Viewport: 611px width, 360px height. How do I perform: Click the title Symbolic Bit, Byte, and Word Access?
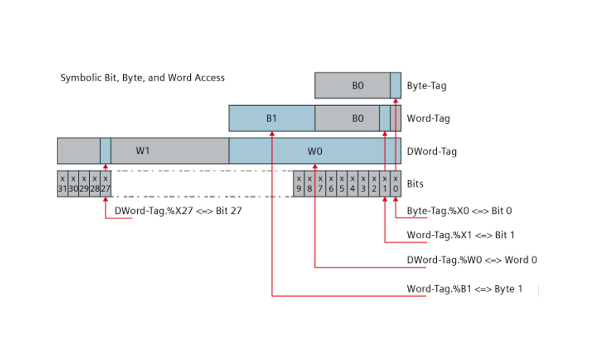tap(142, 78)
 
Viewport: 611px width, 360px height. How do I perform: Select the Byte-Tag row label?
tap(426, 86)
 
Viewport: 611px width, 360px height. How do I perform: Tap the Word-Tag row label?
tap(428, 119)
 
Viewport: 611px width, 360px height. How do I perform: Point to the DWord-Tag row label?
tap(432, 151)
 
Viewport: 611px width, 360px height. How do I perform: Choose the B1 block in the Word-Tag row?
tap(272, 119)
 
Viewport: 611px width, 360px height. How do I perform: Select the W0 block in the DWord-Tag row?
tap(315, 151)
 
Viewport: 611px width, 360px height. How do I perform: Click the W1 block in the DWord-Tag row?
tap(143, 151)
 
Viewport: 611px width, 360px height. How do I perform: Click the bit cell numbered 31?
tap(62, 184)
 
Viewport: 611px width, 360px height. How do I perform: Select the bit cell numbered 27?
tap(105, 184)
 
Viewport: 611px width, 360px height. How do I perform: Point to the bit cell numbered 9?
tap(299, 184)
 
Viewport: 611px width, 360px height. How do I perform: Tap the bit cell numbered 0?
tap(395, 184)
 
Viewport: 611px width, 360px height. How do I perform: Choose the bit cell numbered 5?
tap(341, 184)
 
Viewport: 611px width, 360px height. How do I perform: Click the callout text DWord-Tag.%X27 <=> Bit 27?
tap(178, 211)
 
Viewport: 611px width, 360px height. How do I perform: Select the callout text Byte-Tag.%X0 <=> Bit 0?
tap(459, 211)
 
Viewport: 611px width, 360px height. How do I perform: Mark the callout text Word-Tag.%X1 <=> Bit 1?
tap(460, 235)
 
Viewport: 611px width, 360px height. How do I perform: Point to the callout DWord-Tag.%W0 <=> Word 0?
tap(471, 260)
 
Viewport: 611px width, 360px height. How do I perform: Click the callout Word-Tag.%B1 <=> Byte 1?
tap(464, 289)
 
